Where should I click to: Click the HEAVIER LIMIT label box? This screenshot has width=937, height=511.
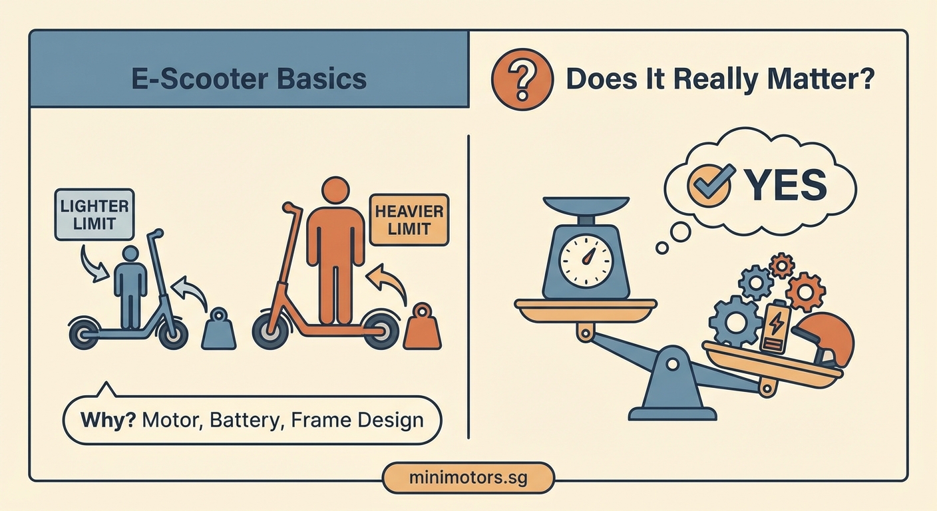click(x=409, y=220)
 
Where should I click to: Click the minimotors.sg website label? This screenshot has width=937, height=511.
click(x=468, y=478)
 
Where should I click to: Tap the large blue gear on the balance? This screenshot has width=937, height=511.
click(x=734, y=322)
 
